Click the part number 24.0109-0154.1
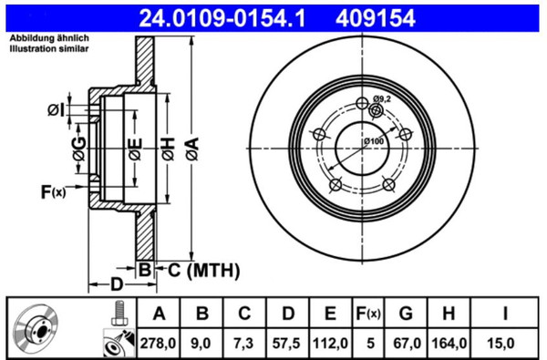[222, 18]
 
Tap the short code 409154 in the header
[376, 18]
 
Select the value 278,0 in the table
[158, 344]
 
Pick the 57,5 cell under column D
[286, 344]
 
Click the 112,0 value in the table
[330, 344]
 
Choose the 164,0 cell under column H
[449, 344]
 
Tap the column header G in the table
[406, 314]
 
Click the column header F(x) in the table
[368, 314]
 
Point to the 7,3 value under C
[243, 344]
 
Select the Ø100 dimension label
[374, 141]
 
